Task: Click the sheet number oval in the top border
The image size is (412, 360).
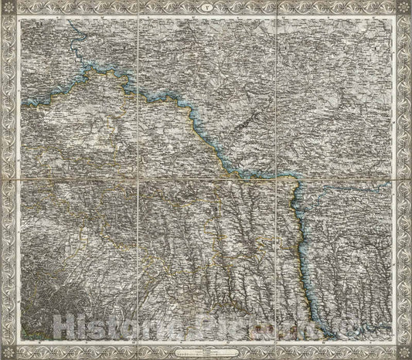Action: click(x=206, y=7)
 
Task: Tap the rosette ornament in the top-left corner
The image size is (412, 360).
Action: click(x=7, y=7)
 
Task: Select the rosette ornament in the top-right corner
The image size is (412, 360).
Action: click(x=405, y=7)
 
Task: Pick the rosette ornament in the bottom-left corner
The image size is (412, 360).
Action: click(x=7, y=353)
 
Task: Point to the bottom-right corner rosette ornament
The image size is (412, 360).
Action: click(x=405, y=353)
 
